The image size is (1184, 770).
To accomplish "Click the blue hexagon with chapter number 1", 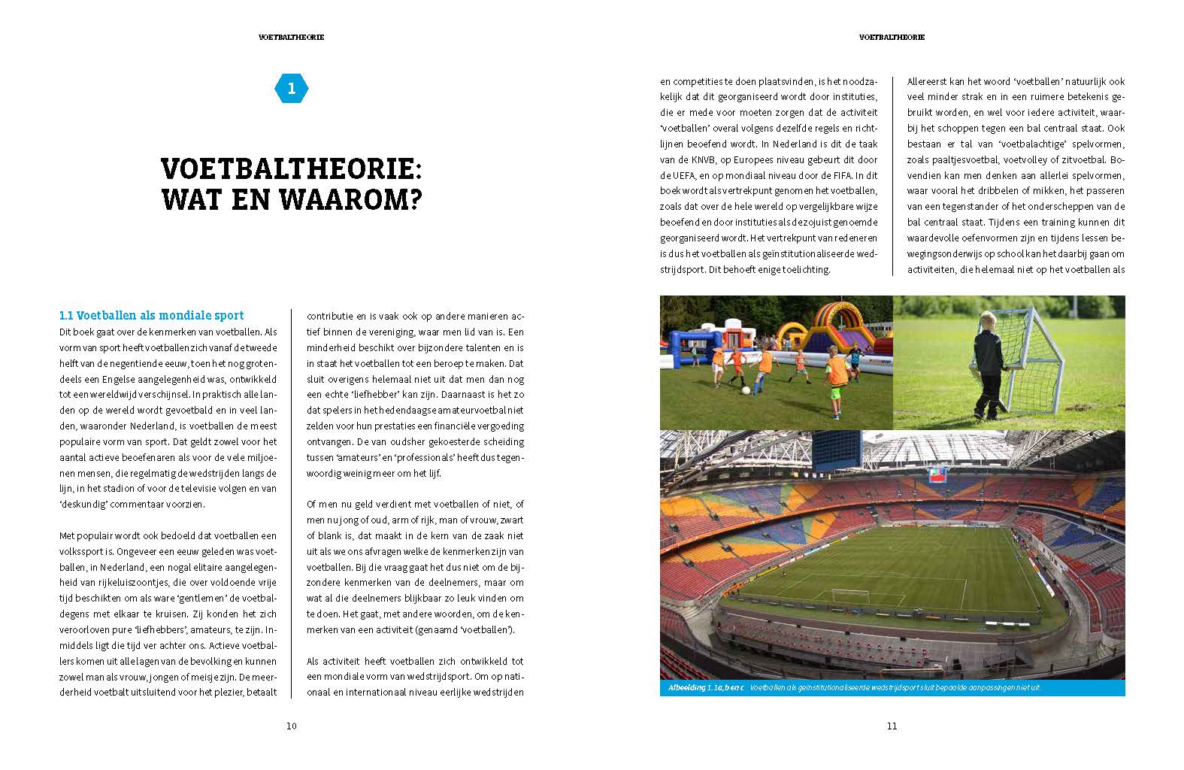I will pos(292,89).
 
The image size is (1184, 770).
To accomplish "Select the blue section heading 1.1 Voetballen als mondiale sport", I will pos(151,316).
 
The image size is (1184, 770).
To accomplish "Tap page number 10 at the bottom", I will pos(292,726).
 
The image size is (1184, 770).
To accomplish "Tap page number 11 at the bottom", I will pos(892,726).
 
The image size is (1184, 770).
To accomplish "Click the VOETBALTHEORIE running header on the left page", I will pos(291,37).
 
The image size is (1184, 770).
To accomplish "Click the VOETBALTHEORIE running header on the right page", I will pos(892,37).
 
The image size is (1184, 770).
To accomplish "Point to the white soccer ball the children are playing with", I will pos(745,390).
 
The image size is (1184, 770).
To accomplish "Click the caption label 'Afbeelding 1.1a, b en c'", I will pos(704,688).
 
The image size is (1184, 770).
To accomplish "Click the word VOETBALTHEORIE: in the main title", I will pos(291,167).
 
